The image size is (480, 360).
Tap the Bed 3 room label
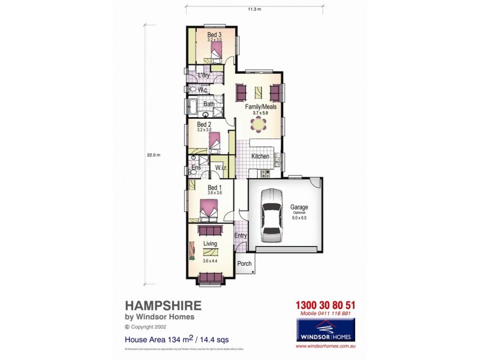click(214, 35)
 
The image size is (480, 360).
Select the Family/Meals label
click(260, 106)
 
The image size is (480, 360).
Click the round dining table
click(259, 124)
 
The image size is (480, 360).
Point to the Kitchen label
click(260, 156)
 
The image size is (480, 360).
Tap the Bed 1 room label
click(215, 187)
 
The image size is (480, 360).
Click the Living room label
click(210, 244)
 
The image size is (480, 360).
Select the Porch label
click(245, 263)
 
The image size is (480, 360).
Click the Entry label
click(241, 236)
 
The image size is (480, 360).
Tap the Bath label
click(209, 104)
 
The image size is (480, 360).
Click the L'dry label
click(204, 76)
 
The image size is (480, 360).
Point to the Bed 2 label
click(204, 124)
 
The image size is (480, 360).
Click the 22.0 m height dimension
click(154, 155)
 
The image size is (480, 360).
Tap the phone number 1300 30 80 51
click(326, 305)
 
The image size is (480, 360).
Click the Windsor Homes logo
click(326, 329)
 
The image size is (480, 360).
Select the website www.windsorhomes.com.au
click(326, 346)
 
